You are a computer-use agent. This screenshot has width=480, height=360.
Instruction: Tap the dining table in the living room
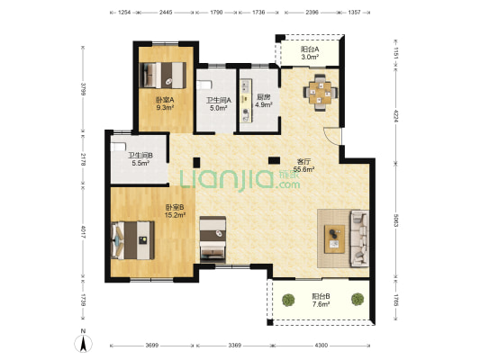pos(321,93)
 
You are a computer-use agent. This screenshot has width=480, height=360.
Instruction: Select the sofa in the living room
pos(359,238)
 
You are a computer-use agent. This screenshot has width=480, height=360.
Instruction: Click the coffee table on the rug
pos(335,238)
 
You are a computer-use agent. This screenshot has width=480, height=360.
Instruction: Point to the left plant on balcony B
pos(288,300)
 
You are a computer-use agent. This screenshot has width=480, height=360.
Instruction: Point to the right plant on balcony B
pos(358,299)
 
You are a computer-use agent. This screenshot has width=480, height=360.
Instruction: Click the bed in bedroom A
pos(162,76)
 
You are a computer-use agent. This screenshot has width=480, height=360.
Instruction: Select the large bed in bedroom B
pos(133,240)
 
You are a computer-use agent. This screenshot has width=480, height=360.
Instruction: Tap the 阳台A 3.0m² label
pos(310,52)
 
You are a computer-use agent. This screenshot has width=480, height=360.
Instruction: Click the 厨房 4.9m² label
pos(263,101)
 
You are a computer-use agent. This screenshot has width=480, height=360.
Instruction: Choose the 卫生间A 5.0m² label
pos(218,103)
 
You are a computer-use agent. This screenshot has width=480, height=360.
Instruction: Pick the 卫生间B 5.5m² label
pos(140,159)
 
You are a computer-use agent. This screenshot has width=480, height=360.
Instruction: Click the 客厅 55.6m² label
pos(304,166)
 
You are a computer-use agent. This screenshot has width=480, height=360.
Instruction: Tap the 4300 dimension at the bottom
pos(322,346)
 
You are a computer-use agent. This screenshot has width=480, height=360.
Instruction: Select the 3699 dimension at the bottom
pos(152,346)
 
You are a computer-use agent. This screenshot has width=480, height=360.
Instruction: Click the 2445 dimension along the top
pos(166,13)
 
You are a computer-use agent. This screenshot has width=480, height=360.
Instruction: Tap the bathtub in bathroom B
pos(118,147)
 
